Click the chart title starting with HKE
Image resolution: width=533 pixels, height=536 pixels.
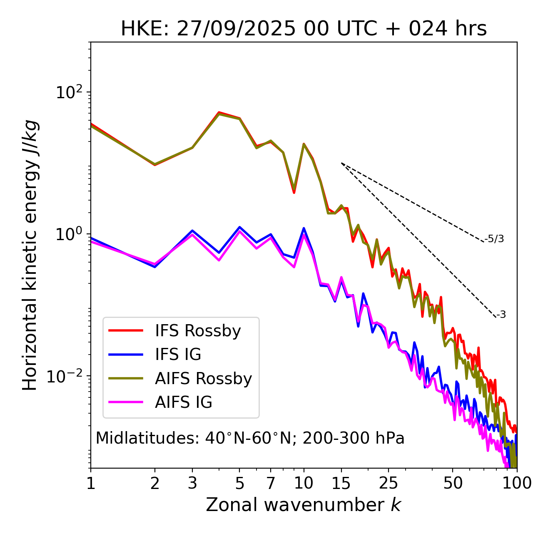[304, 29]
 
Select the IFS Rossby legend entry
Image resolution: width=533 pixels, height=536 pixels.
[198, 331]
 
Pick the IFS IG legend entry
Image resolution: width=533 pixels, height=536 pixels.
[178, 355]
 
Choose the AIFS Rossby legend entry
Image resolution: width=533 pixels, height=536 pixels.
[203, 379]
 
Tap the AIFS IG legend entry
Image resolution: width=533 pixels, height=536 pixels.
[183, 402]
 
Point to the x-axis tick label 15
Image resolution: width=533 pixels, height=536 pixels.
[341, 483]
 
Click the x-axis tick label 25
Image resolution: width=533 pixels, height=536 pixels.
[389, 483]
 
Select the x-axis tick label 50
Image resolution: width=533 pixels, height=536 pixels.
[453, 483]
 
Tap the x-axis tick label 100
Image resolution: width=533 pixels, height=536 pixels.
[516, 483]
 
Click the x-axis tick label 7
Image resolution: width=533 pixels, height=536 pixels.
[271, 483]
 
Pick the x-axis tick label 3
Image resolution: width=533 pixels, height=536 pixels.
[192, 483]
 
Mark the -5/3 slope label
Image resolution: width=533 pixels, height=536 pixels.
[494, 239]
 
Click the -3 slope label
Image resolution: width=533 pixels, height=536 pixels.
[501, 315]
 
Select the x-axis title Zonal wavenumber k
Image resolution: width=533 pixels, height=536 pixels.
[304, 505]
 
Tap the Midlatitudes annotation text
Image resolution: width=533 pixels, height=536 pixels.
[250, 438]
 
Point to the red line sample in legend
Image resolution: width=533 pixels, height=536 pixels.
[126, 331]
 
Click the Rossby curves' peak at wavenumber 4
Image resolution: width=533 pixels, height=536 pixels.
[219, 113]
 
